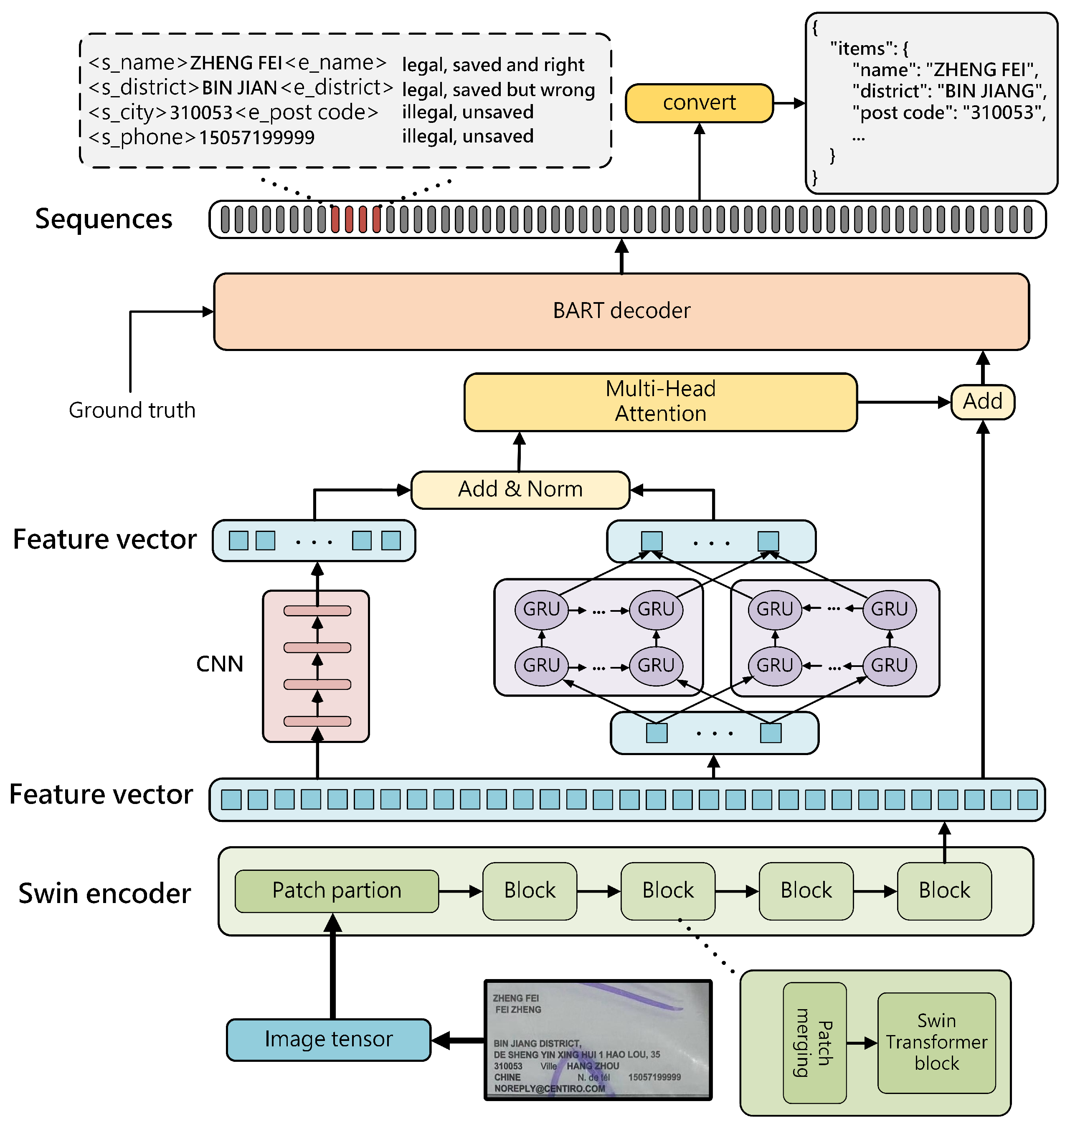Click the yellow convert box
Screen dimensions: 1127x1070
(699, 103)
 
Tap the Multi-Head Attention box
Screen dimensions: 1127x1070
(660, 402)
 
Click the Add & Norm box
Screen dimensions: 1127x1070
(520, 490)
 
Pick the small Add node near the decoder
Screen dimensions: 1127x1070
(982, 402)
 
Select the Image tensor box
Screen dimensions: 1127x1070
(329, 1039)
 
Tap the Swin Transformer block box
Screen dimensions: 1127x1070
(936, 1042)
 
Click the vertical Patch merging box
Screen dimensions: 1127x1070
(814, 1042)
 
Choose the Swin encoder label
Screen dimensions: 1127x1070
(104, 893)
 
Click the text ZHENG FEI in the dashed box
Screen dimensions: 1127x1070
(236, 63)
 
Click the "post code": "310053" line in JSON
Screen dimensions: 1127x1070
(948, 112)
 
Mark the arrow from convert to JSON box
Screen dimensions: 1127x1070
(789, 103)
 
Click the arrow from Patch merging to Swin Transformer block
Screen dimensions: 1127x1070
(861, 1043)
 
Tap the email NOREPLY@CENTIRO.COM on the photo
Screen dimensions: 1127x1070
(549, 1088)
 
